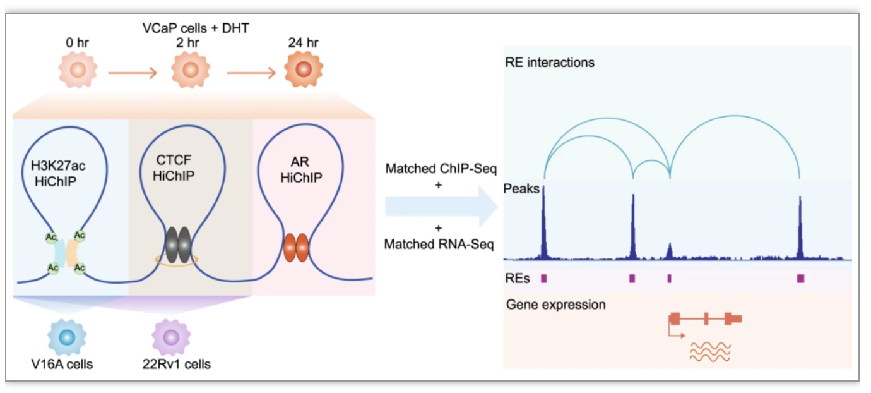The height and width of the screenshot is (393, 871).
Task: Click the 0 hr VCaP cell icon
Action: pyautogui.click(x=78, y=70)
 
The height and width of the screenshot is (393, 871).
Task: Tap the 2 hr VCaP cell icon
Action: pyautogui.click(x=191, y=70)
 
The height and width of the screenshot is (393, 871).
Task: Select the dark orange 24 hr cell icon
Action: pyautogui.click(x=304, y=70)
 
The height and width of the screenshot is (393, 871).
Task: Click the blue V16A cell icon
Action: pyautogui.click(x=67, y=337)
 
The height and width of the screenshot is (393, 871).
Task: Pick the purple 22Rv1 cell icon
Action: pyautogui.click(x=171, y=337)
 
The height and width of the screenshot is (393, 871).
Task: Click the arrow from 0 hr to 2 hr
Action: pyautogui.click(x=133, y=73)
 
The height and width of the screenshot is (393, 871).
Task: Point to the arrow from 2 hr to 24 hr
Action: pyautogui.click(x=251, y=73)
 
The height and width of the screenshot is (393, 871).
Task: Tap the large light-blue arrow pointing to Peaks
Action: pyautogui.click(x=441, y=206)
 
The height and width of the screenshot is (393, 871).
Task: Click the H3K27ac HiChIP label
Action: pyautogui.click(x=57, y=174)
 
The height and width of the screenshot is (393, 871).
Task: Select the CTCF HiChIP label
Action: pyautogui.click(x=174, y=168)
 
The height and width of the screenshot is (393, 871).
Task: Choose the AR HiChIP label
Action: pyautogui.click(x=301, y=170)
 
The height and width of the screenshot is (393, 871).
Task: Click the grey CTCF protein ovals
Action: pyautogui.click(x=178, y=245)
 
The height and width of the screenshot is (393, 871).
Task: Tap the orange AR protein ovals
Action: pyautogui.click(x=296, y=248)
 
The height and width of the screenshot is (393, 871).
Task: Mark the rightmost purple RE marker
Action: pyautogui.click(x=800, y=278)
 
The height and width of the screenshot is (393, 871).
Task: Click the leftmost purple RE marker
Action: pyautogui.click(x=543, y=278)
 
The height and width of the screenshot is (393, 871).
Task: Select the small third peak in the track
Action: pyautogui.click(x=669, y=251)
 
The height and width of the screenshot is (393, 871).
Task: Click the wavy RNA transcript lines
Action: pyautogui.click(x=710, y=352)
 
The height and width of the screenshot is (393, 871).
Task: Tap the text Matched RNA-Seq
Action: pyautogui.click(x=439, y=245)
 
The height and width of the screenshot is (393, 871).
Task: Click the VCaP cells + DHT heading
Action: pyautogui.click(x=196, y=28)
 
